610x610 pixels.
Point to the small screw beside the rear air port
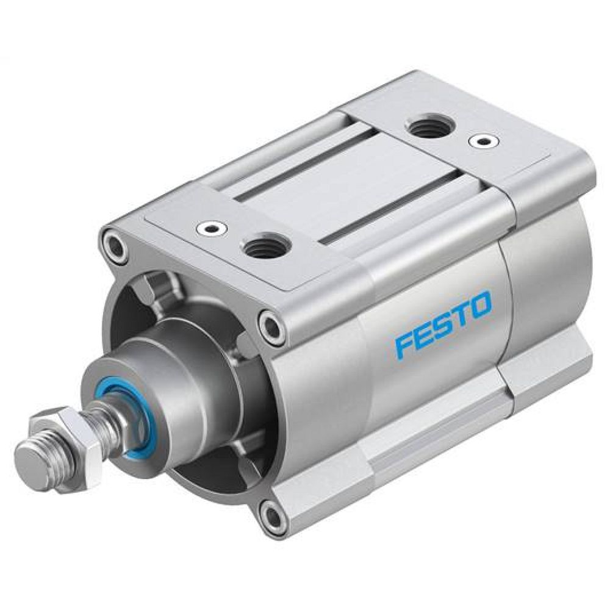coord(483,142)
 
